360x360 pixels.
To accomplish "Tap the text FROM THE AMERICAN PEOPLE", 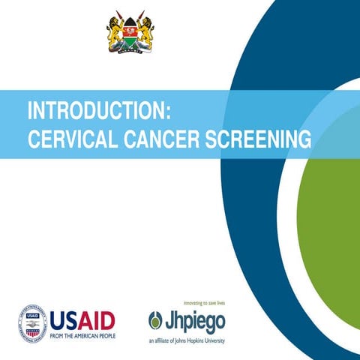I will click(83, 337).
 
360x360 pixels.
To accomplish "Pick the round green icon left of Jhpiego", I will click(156, 320).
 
